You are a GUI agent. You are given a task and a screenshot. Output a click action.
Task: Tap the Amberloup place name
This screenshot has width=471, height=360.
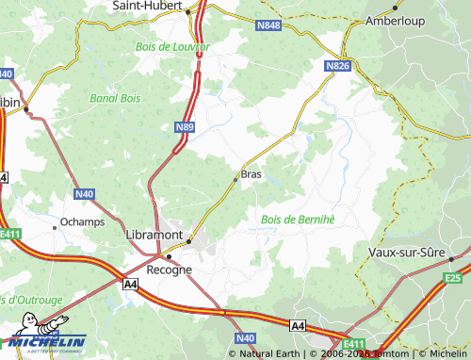[x=397, y=20]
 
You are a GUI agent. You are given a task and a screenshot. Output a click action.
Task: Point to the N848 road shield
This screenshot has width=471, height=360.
[x=268, y=26]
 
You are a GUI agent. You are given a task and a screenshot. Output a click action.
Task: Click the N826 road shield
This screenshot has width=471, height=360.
[x=338, y=66]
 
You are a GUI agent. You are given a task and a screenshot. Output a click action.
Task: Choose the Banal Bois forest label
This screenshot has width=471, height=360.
[x=115, y=97]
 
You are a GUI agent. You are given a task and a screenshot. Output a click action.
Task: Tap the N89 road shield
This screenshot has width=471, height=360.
[x=185, y=125]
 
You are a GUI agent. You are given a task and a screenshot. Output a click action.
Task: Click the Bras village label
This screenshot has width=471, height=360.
[x=252, y=174]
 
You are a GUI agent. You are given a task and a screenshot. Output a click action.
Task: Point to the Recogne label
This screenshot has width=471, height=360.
[x=170, y=269]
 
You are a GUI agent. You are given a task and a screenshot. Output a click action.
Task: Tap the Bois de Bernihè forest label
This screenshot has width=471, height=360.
[x=297, y=220]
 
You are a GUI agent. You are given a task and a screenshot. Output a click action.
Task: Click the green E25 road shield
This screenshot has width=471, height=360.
[x=453, y=278]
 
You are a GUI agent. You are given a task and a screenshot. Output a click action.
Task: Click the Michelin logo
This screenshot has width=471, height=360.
[x=44, y=341]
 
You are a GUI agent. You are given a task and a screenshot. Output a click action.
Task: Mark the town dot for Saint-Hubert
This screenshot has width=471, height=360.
[x=188, y=11]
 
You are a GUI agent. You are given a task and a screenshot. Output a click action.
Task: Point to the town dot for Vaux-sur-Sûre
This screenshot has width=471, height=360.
[x=452, y=258]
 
